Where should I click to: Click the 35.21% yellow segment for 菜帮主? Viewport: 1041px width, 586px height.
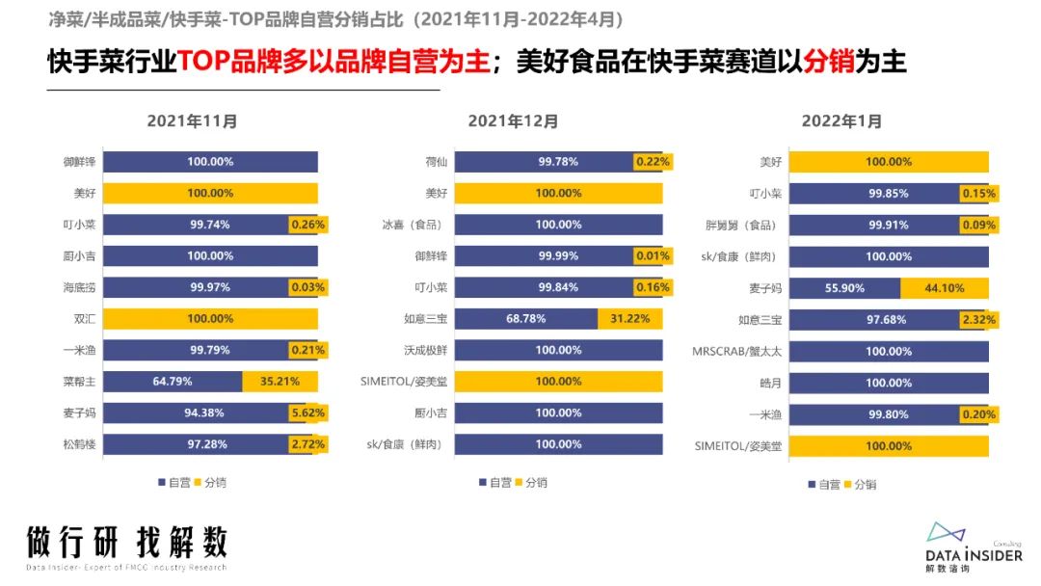[x=280, y=382]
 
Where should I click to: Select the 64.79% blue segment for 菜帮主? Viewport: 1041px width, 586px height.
[x=173, y=382]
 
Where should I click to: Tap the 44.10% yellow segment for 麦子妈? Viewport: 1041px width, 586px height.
[x=945, y=288]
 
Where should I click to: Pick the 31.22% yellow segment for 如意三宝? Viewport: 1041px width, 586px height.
[x=630, y=319]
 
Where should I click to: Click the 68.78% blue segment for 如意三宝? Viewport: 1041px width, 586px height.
[x=526, y=319]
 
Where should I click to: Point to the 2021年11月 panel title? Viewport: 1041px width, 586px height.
[x=193, y=121]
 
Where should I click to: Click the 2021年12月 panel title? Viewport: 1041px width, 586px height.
[x=514, y=121]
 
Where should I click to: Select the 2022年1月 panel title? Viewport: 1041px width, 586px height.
[x=841, y=121]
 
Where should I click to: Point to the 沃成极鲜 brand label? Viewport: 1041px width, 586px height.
[x=424, y=350]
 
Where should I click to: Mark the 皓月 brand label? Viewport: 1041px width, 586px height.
[x=772, y=383]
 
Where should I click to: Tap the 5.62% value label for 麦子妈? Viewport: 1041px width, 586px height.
[x=308, y=413]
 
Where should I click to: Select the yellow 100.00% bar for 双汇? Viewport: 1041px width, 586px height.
[x=210, y=319]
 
